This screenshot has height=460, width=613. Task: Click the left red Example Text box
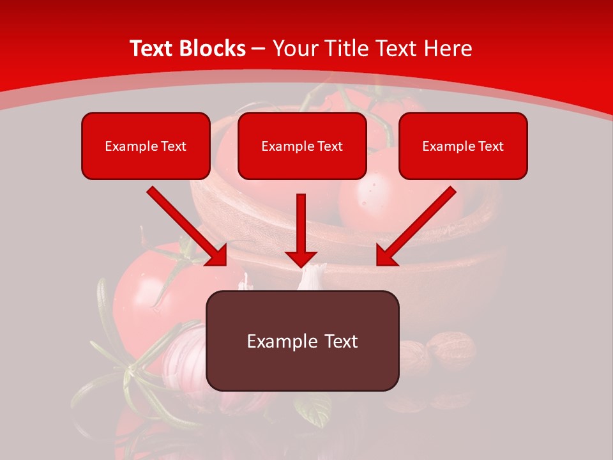click(146, 146)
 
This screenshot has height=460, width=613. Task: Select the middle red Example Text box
click(302, 146)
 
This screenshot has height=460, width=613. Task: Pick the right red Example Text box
click(463, 146)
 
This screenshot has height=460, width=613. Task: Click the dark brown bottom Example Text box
click(302, 341)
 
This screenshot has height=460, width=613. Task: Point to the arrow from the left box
click(187, 226)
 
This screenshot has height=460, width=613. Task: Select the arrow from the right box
click(416, 226)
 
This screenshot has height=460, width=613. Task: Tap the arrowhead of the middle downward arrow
click(301, 258)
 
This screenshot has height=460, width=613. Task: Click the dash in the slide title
click(259, 49)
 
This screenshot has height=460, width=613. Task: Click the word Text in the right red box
click(490, 146)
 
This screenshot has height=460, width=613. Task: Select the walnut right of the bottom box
click(451, 349)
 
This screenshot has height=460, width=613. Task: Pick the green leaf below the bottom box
click(313, 409)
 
